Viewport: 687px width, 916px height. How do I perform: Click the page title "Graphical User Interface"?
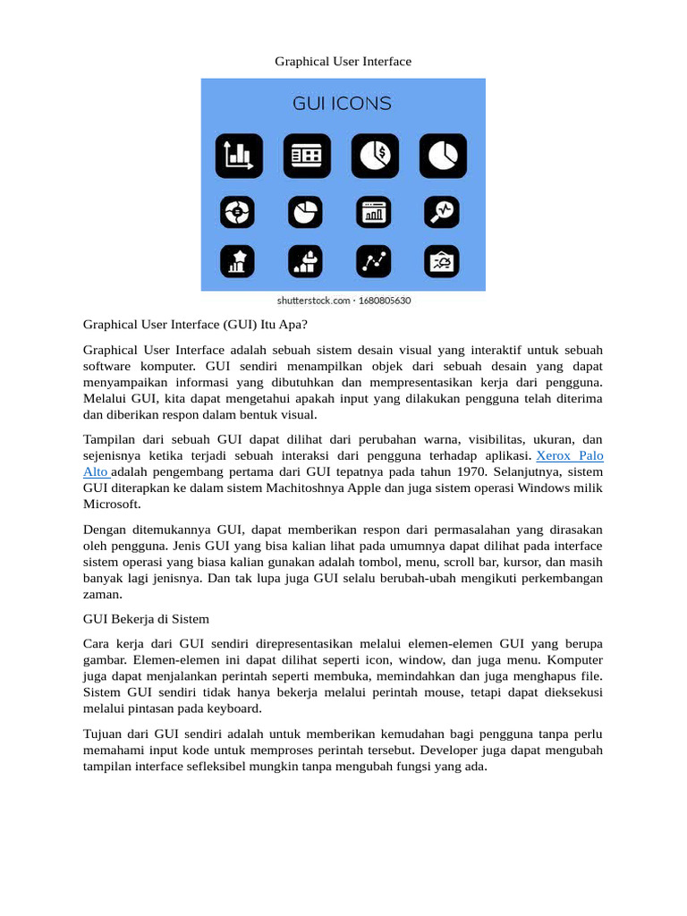pos(343,62)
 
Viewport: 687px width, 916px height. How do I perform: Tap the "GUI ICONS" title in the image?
pos(343,104)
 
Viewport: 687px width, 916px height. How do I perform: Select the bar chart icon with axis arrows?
pos(239,157)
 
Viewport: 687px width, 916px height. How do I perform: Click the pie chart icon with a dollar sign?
pos(375,157)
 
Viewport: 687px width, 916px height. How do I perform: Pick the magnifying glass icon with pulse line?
pos(442,212)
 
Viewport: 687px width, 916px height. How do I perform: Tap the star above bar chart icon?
pos(238,261)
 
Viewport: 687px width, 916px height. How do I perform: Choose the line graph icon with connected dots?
pos(374,261)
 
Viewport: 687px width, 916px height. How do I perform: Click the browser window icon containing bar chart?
pos(374,212)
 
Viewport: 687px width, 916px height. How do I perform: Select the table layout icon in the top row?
pos(307,157)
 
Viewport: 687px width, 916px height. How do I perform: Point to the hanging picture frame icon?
pos(442,261)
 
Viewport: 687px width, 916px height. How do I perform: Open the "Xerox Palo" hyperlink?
pos(570,455)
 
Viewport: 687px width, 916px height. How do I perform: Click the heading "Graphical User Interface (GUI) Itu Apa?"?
pos(200,325)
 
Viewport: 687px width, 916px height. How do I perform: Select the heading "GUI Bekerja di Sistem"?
pos(146,619)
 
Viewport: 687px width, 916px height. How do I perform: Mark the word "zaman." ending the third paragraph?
pos(102,595)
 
